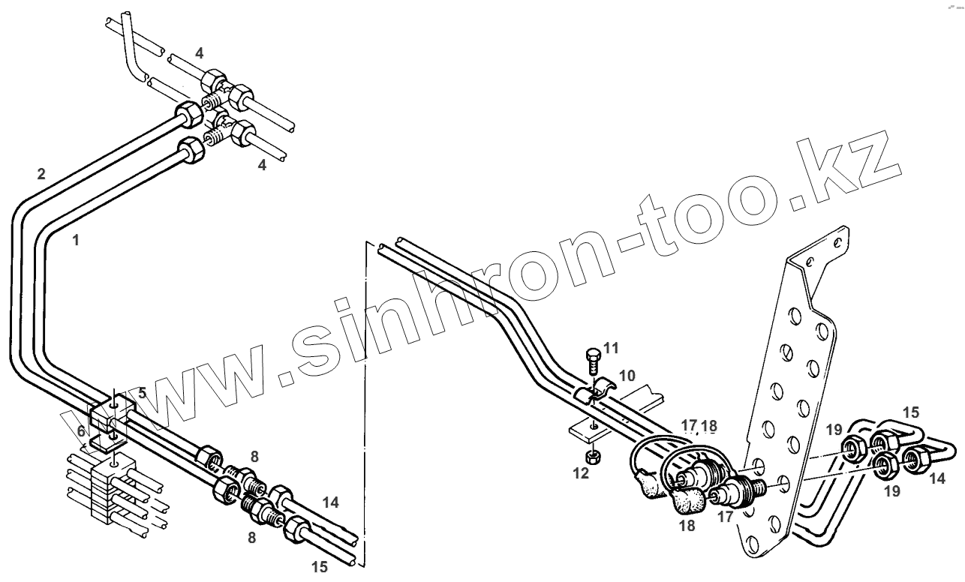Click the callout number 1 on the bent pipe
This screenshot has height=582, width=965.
(75, 241)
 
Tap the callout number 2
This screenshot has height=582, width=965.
(41, 174)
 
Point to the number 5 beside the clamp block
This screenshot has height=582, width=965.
(142, 392)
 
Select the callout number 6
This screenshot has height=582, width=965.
(81, 431)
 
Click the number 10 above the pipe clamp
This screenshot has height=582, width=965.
(627, 373)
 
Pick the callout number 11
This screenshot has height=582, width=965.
(612, 347)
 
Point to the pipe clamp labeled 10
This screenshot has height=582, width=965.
(597, 392)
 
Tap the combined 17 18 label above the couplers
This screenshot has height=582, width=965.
(699, 426)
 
